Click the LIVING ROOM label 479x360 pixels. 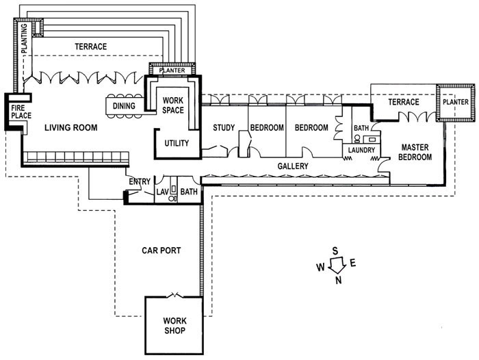click(x=71, y=127)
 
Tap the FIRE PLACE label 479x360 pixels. click(x=21, y=112)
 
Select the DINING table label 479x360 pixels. click(x=124, y=106)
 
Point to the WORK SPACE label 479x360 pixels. click(x=173, y=105)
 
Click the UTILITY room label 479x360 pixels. click(x=177, y=143)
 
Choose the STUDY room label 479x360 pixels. click(x=224, y=127)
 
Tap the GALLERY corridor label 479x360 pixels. click(x=293, y=166)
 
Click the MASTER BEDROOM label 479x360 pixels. click(x=415, y=152)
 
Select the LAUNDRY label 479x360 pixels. click(x=361, y=150)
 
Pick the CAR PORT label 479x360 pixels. click(x=161, y=250)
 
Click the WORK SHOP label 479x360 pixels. click(x=174, y=326)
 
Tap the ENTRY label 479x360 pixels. click(x=140, y=181)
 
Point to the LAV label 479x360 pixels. click(x=163, y=192)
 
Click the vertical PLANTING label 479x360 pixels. click(x=25, y=38)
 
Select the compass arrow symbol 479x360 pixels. click(x=337, y=265)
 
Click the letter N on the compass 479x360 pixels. click(x=339, y=280)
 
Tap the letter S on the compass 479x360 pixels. click(x=335, y=251)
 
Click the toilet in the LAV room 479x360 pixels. click(x=171, y=198)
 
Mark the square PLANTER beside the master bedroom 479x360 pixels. click(x=456, y=103)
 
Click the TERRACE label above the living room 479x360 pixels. click(x=91, y=47)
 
